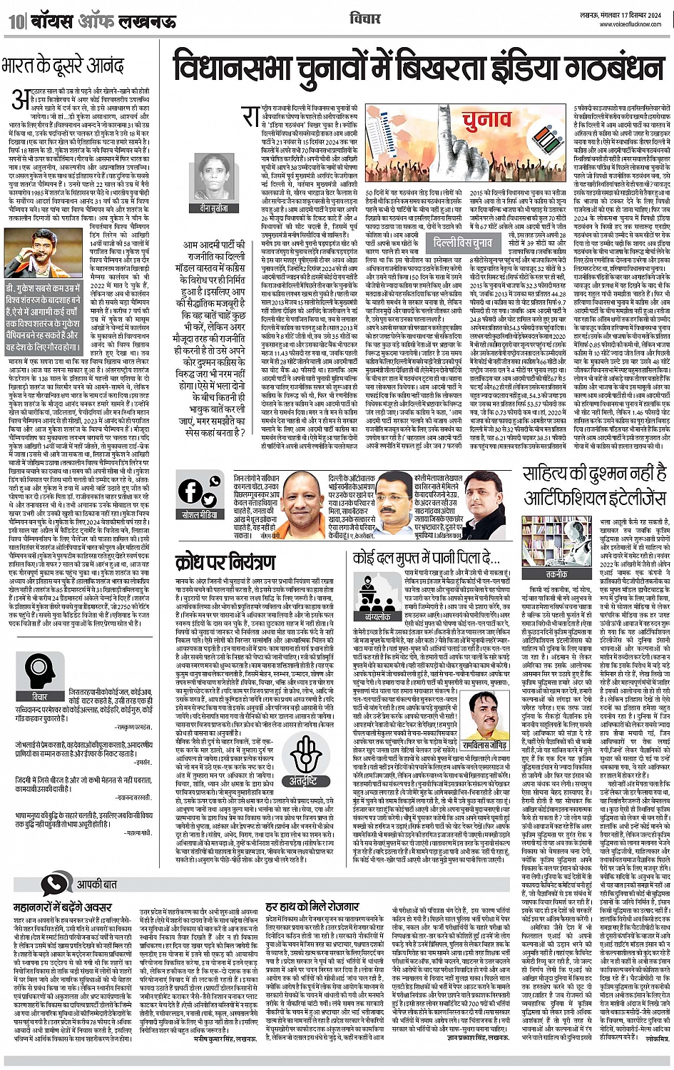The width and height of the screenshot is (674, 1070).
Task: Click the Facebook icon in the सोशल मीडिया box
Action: [190, 491]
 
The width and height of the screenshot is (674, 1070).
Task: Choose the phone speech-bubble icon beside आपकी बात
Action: [54, 883]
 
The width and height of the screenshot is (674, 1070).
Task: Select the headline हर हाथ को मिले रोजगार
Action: [315, 907]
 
